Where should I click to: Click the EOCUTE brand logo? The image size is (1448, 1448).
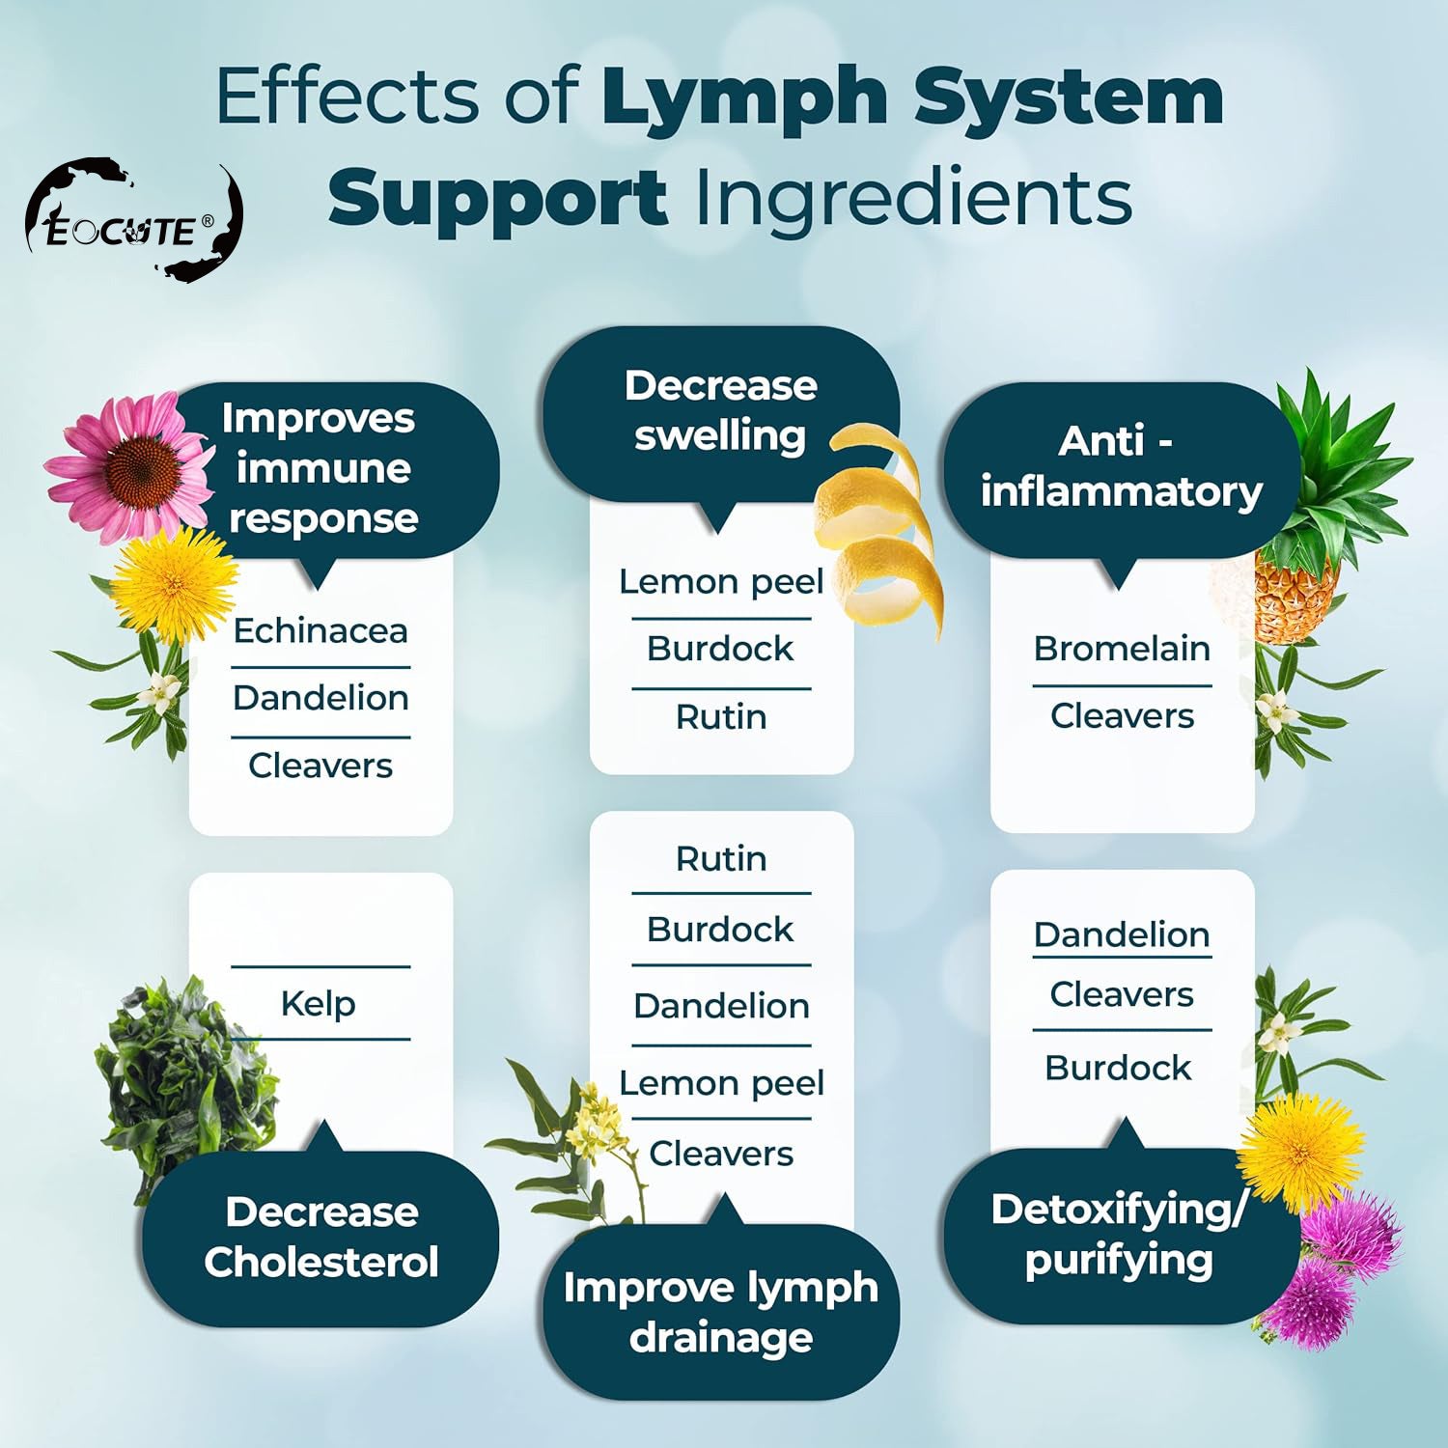coord(133,222)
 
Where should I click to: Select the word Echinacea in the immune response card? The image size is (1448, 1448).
coord(320,631)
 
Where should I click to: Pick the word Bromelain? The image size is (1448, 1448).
coord(1122,649)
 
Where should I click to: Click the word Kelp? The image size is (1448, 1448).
coord(318,1004)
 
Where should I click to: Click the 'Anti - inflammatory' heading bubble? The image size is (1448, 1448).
coord(1121,467)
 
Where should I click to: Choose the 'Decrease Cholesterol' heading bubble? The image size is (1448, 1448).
coord(320,1238)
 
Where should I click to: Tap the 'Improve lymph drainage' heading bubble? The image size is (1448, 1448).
coord(720,1313)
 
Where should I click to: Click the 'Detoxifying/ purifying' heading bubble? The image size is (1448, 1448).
coord(1120,1236)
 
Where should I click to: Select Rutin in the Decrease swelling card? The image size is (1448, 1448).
coord(721,717)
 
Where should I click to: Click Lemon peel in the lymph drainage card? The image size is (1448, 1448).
coord(721,1083)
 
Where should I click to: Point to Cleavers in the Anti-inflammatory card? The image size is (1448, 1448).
coord(1122,716)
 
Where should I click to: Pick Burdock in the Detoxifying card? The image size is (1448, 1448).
coord(1118,1069)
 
